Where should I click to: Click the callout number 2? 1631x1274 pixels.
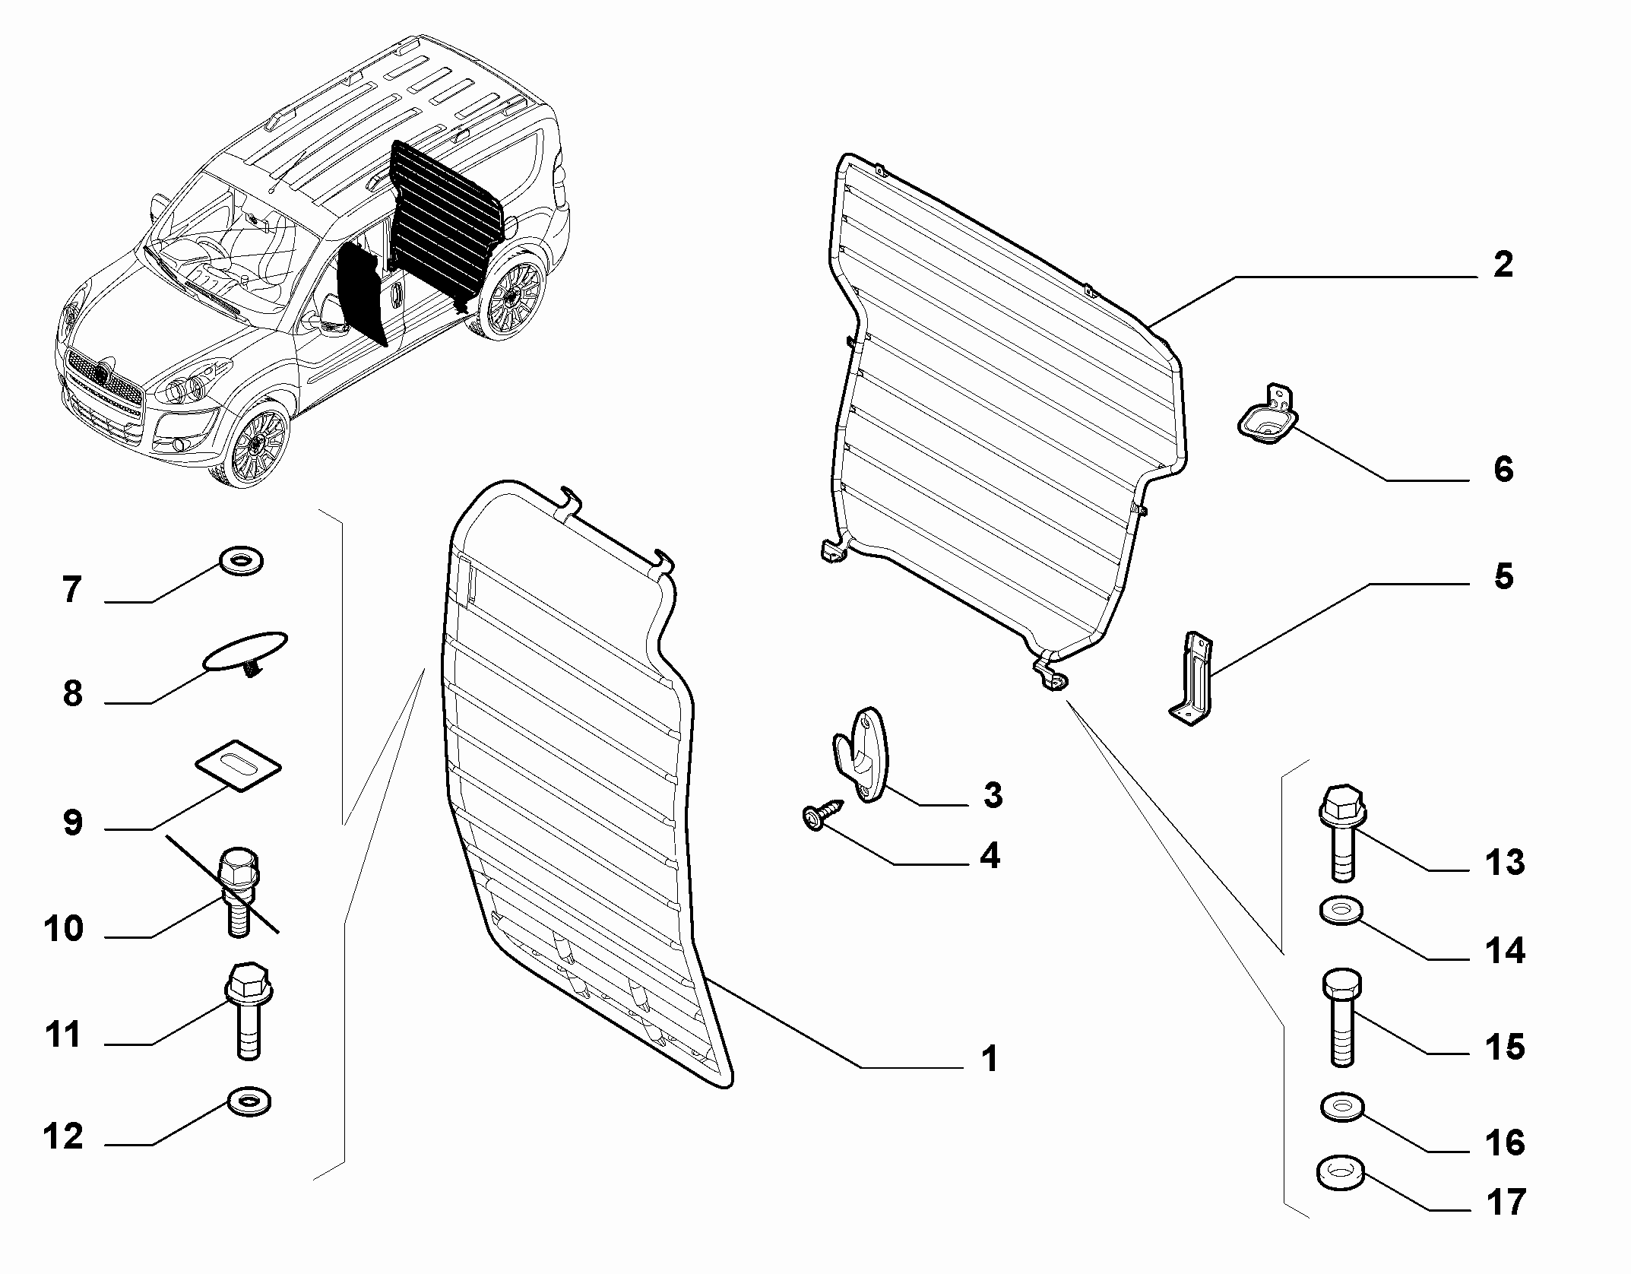[1503, 265]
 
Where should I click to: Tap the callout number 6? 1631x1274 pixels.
[1503, 469]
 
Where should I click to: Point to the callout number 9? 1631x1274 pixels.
[73, 822]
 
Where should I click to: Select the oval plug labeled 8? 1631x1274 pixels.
[245, 652]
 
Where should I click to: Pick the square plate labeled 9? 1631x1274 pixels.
[238, 767]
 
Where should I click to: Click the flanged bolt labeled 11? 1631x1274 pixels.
[248, 1011]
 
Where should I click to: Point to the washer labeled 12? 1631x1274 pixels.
[249, 1101]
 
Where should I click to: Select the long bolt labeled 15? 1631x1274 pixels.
[1343, 1016]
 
